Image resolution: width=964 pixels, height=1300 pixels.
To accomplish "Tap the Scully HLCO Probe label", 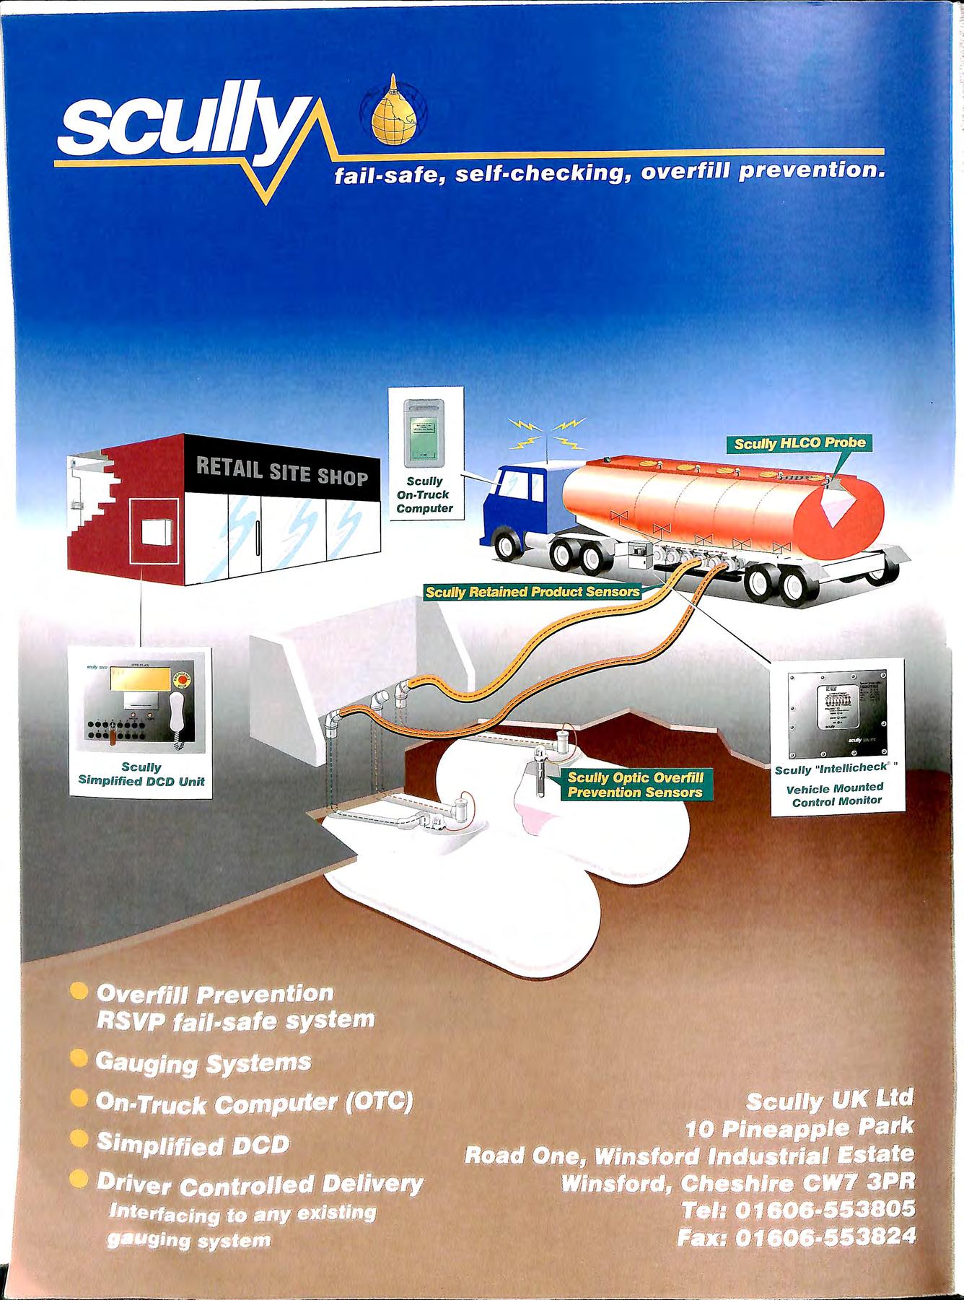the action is [x=798, y=442].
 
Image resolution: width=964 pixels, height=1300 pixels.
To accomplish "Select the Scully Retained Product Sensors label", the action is [x=532, y=593].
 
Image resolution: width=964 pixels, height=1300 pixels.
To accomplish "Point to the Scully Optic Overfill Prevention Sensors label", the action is [x=634, y=785].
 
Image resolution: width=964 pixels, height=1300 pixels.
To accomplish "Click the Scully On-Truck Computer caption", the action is [x=424, y=494].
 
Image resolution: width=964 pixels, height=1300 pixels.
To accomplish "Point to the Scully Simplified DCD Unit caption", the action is [x=141, y=774].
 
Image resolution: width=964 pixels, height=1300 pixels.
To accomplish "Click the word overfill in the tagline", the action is [x=688, y=173].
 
